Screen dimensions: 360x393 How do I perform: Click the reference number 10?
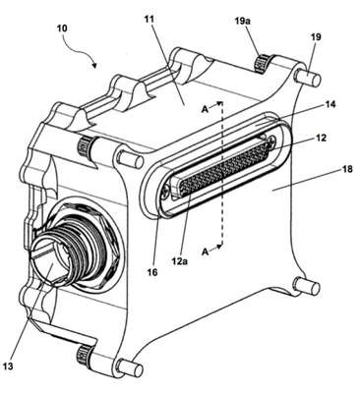62,28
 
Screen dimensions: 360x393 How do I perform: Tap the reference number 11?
149,19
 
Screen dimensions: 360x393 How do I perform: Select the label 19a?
244,22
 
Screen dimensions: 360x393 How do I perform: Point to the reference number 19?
316,37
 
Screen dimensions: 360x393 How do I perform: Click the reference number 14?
330,104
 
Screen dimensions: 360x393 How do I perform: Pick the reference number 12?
322,138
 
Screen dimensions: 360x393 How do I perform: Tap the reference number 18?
346,169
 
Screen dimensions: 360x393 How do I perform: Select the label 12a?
179,261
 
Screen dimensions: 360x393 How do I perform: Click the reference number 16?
152,272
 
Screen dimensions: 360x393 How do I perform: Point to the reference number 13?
9,365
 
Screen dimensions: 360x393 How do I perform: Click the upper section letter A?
205,109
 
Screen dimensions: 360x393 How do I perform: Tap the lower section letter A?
206,252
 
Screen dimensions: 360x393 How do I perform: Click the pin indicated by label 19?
307,79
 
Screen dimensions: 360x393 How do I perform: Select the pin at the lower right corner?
307,286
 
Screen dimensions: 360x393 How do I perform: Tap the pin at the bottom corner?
131,367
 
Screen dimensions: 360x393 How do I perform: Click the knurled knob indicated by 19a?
262,64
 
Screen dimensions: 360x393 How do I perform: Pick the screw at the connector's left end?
165,194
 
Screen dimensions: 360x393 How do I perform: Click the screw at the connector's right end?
271,140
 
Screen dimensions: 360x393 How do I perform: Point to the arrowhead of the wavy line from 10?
95,65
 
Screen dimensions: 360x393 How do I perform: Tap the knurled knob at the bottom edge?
82,355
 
